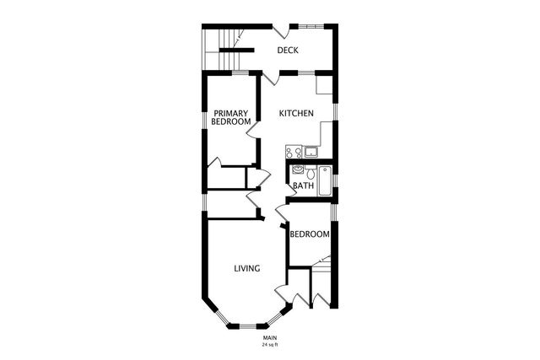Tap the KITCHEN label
point(297,113)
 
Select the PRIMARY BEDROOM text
point(231,117)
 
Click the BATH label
point(304,185)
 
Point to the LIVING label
point(246,269)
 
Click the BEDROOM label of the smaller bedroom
point(309,234)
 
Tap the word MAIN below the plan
point(269,338)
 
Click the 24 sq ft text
point(269,345)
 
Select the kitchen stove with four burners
point(294,153)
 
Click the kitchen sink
point(311,152)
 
